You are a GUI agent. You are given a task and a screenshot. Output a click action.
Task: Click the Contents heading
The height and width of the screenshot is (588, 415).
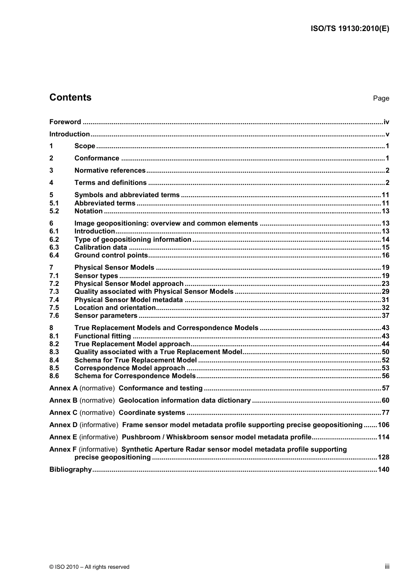(x=70, y=97)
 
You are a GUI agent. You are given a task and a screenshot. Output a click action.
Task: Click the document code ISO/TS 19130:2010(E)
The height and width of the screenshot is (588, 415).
(x=349, y=28)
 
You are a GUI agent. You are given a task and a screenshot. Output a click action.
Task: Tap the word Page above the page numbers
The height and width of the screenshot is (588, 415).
(x=381, y=98)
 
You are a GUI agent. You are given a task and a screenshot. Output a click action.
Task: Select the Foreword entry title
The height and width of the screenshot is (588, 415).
(x=65, y=122)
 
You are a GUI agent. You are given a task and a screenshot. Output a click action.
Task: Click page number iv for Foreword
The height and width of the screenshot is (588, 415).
(x=386, y=122)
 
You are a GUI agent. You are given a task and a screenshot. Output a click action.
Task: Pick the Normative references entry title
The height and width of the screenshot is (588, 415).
(x=110, y=170)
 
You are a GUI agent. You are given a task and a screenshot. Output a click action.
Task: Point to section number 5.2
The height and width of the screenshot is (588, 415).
(x=54, y=211)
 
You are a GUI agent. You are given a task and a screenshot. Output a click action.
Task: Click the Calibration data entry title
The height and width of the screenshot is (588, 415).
(x=100, y=247)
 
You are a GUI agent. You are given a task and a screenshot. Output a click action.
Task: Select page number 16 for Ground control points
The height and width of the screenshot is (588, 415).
(x=385, y=255)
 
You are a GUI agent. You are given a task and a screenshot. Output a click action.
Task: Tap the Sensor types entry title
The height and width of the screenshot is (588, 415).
(x=96, y=276)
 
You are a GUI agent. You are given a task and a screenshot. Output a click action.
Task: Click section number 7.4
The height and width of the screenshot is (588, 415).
(x=54, y=300)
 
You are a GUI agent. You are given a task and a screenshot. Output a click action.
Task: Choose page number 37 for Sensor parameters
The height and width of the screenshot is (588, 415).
(x=385, y=316)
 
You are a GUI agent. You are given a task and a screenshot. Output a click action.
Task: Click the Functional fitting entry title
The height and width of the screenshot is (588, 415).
(x=103, y=336)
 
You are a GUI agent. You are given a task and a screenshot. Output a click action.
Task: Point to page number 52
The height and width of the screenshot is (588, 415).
(x=385, y=360)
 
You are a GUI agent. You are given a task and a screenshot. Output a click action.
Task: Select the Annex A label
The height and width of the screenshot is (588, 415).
(x=63, y=388)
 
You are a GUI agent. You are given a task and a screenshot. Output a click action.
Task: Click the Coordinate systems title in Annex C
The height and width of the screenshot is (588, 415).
(x=152, y=413)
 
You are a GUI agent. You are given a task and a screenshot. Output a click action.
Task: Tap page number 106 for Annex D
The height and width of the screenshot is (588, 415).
(x=383, y=425)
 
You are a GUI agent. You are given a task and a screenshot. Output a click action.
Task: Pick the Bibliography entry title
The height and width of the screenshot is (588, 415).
(x=70, y=470)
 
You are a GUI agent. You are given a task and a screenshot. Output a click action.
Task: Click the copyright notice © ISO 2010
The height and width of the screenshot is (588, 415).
(x=89, y=567)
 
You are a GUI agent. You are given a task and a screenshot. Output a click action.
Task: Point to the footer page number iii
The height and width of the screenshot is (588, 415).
(x=387, y=567)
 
